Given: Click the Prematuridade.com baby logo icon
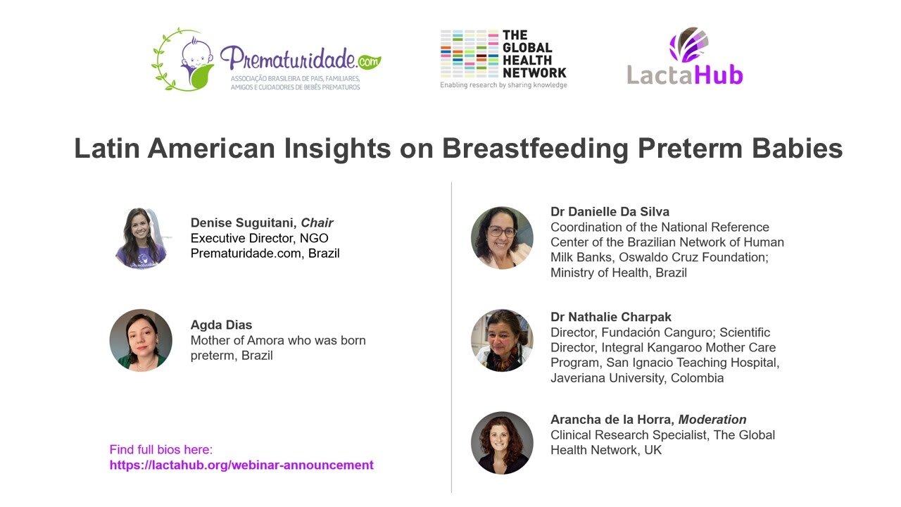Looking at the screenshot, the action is [184, 60].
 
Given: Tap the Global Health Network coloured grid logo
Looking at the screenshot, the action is [470, 54].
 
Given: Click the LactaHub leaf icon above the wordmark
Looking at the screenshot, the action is [688, 44].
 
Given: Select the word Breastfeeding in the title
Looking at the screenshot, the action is [535, 149].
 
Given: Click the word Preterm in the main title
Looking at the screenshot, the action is [691, 148].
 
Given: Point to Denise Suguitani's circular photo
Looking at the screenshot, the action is [141, 238].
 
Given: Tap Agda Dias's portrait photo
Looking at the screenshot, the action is [141, 340].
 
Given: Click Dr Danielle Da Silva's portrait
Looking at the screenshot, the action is [502, 238].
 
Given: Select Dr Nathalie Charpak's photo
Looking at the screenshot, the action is [502, 340].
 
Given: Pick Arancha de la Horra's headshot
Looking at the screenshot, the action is [502, 443].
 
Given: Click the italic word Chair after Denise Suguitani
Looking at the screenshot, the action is [317, 223].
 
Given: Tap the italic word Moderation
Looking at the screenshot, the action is [712, 419].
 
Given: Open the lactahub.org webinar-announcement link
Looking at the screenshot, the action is [241, 465].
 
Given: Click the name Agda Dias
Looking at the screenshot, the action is [221, 325].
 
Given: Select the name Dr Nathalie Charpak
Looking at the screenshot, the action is [610, 317].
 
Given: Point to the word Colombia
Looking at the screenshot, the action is [697, 378].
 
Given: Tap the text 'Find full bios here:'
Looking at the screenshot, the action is [161, 449].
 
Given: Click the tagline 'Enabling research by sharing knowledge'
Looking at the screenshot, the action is [503, 85].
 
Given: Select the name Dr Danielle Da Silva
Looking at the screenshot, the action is [610, 212].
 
